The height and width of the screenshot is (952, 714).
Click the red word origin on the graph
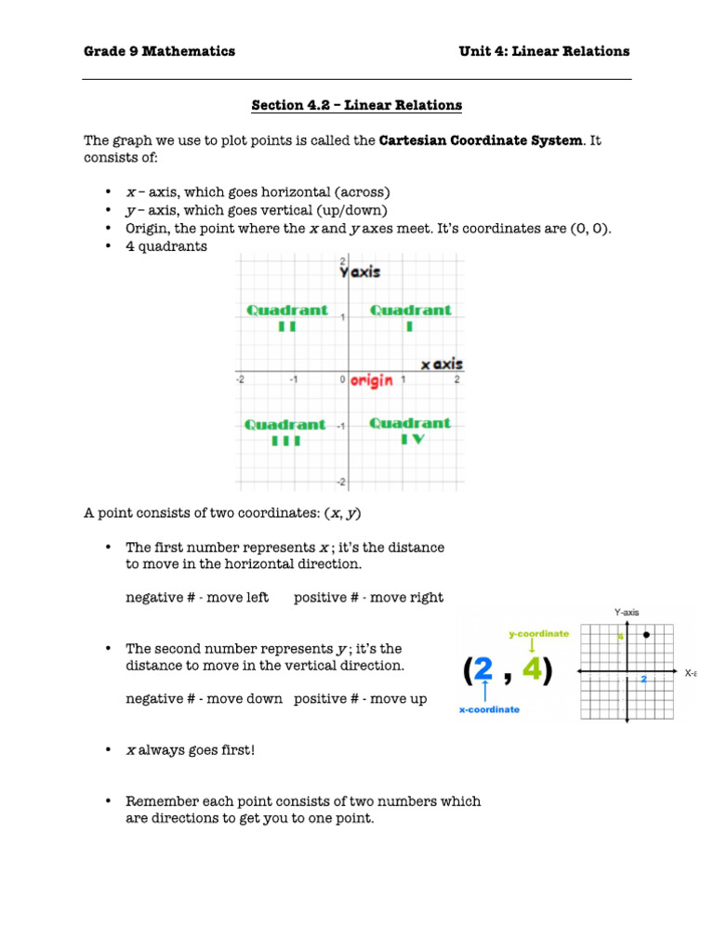click(372, 380)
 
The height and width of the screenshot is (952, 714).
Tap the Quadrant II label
click(286, 317)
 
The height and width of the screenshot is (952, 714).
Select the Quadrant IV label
click(410, 430)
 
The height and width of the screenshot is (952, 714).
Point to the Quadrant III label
click(285, 432)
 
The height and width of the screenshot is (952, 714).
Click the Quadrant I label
click(411, 317)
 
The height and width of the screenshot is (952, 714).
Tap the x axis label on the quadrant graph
click(442, 364)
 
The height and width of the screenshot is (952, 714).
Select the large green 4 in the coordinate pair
click(531, 671)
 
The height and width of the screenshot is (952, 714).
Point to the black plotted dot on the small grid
click(645, 634)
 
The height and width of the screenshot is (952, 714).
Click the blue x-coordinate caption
click(489, 709)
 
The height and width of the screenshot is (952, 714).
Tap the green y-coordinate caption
click(538, 633)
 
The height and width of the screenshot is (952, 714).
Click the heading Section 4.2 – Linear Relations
click(356, 105)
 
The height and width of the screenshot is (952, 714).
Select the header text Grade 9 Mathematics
click(159, 51)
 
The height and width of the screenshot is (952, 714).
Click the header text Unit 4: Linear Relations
click(544, 51)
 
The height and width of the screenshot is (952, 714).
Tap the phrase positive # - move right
click(368, 598)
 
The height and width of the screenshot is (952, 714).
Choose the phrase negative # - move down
click(204, 698)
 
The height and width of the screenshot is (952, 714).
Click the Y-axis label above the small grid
click(627, 612)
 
